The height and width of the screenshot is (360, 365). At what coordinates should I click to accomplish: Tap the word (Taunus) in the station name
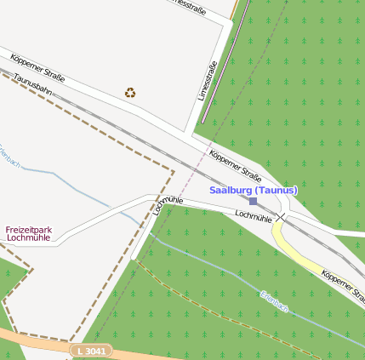tap(276, 190)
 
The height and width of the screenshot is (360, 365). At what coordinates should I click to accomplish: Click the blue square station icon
tap(253, 201)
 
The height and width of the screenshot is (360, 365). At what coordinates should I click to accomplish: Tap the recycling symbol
tap(129, 92)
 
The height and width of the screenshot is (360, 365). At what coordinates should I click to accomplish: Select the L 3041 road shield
tap(90, 350)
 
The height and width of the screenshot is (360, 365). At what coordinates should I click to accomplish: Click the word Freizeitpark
tap(29, 230)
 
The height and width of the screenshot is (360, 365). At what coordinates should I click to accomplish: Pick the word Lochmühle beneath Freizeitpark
tap(29, 238)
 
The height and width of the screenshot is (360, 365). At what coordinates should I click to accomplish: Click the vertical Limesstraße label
tap(208, 80)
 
